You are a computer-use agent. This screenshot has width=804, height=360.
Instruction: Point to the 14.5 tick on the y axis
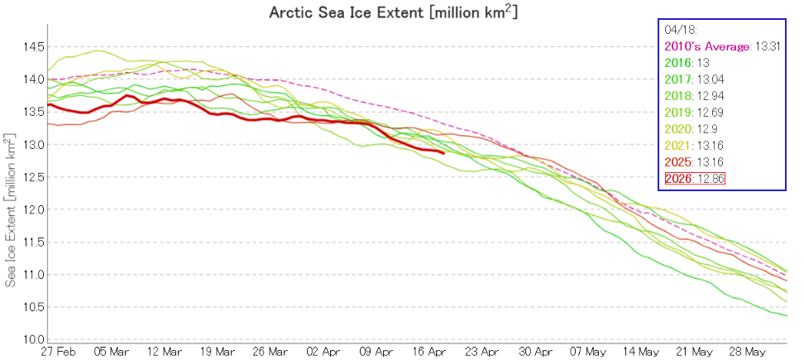[x=31, y=46]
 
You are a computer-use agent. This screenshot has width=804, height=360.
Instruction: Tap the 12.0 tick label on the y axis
[x=31, y=209]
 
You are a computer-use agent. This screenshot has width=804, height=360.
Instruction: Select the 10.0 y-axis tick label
[x=31, y=340]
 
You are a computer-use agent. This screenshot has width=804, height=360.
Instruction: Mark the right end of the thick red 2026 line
[x=444, y=153]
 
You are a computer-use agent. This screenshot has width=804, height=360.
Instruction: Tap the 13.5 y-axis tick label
[x=31, y=112]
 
